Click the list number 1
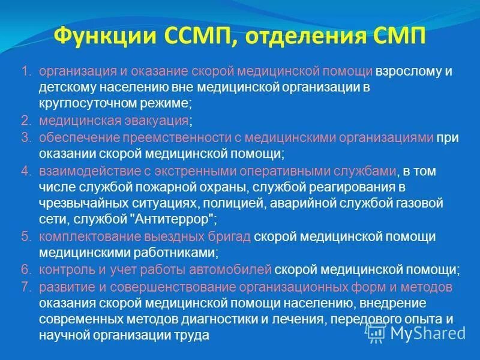pyautogui.click(x=26, y=71)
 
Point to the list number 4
pyautogui.click(x=26, y=171)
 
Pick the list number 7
pyautogui.click(x=26, y=287)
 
